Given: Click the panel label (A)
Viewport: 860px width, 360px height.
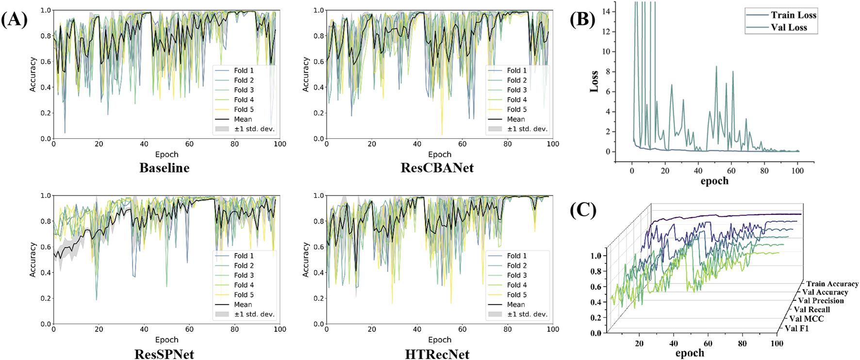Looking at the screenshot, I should [x=14, y=20].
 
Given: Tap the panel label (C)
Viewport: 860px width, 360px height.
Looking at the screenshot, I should [x=583, y=210].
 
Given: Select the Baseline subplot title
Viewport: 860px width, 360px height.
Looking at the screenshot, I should [x=164, y=168].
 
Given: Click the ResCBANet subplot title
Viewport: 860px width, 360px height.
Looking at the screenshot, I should [x=437, y=168].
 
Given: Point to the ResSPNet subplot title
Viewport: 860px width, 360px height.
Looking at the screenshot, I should [x=164, y=354].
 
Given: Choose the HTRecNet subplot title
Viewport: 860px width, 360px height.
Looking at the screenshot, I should [x=437, y=354].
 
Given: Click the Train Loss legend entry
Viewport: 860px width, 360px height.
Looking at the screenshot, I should [x=794, y=15].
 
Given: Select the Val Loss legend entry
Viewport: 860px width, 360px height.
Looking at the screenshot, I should [x=789, y=28].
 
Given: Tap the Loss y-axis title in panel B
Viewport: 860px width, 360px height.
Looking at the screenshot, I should [x=594, y=82].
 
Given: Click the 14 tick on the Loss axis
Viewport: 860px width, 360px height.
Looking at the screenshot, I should [x=606, y=12].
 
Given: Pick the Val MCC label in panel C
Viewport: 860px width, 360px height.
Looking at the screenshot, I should [x=806, y=319].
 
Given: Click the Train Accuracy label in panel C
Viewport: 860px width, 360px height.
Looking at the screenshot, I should [x=832, y=284].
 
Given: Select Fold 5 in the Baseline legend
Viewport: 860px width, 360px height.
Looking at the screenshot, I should [x=244, y=110].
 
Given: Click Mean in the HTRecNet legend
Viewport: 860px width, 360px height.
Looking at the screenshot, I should [x=516, y=305].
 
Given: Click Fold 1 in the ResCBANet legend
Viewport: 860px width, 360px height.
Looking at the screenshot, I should [x=516, y=71].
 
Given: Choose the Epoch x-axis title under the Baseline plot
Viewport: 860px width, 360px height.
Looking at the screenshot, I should [x=166, y=154].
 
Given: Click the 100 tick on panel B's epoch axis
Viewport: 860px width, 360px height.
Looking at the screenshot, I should [x=797, y=171].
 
